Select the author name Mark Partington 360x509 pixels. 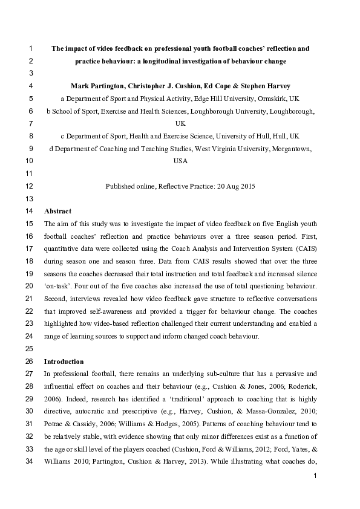tap(96, 86)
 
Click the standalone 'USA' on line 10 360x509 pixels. tap(180, 161)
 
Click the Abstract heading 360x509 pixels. tap(57, 212)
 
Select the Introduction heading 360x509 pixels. tap(64, 361)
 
